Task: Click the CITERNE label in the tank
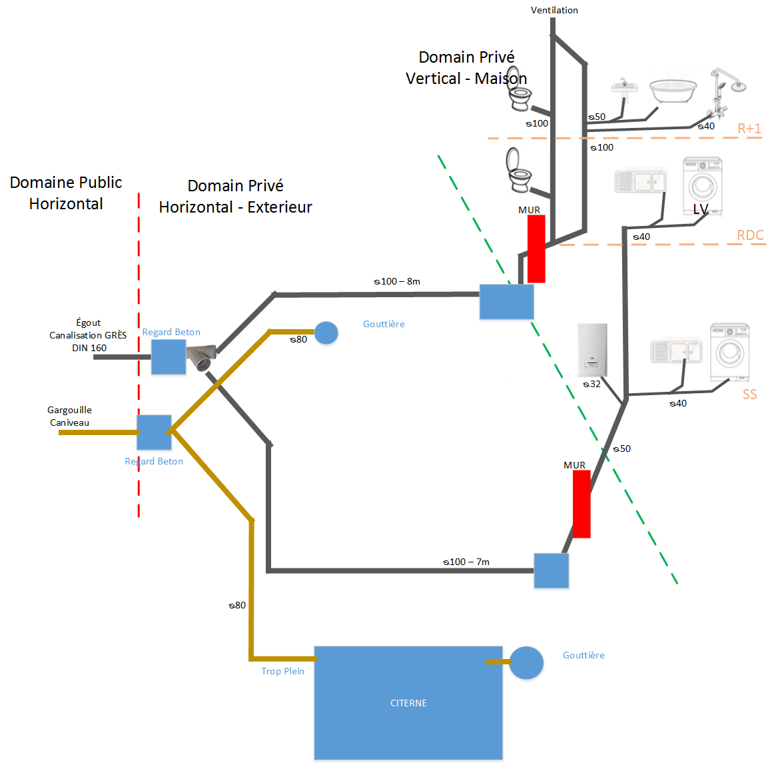[408, 703]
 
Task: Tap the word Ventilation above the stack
[554, 10]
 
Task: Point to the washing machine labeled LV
[703, 186]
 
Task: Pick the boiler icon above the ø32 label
[592, 350]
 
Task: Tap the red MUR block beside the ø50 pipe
[581, 504]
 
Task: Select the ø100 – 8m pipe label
[397, 281]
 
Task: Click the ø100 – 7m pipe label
[466, 562]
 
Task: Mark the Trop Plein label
[282, 671]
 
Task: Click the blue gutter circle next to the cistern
[526, 662]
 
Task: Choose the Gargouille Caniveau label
[69, 416]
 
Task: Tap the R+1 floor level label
[749, 129]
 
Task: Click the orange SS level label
[749, 394]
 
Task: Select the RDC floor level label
[750, 235]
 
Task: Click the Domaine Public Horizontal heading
[66, 193]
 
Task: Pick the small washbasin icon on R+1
[624, 88]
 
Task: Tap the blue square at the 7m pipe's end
[552, 570]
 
